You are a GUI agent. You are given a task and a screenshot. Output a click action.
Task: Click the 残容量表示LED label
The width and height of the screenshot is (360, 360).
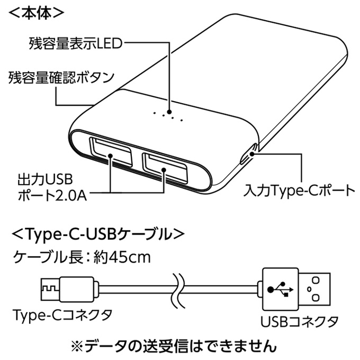coord(75,43)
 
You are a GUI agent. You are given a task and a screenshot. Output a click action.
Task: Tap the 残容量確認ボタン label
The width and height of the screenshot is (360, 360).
coord(61,78)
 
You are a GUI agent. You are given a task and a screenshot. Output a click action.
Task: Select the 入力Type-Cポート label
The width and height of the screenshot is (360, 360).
coord(299,191)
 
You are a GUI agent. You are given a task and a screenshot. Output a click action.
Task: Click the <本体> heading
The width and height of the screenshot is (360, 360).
coord(36,14)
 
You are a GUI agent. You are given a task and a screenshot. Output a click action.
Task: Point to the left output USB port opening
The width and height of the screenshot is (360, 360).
coord(110,152)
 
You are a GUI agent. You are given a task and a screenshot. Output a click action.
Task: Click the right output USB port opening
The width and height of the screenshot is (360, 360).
coord(165,168)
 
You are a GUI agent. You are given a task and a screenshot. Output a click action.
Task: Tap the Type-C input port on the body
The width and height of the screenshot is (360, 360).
coord(249,154)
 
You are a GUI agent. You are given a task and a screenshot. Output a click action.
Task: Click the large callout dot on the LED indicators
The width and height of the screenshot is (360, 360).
coord(169,112)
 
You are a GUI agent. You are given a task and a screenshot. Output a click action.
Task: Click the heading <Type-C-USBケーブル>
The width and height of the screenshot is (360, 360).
coord(98,234)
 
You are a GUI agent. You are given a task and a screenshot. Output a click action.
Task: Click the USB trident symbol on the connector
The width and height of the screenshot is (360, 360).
coord(280,289)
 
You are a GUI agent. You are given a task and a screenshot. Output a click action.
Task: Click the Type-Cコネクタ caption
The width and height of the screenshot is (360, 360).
coord(62,315)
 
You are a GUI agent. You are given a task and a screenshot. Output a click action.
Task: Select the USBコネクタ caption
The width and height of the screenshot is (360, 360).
coord(299,321)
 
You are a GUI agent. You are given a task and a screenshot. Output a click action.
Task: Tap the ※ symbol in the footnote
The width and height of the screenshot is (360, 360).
coord(78,346)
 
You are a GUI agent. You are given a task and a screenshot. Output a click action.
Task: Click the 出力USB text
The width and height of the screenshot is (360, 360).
coord(45,179)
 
